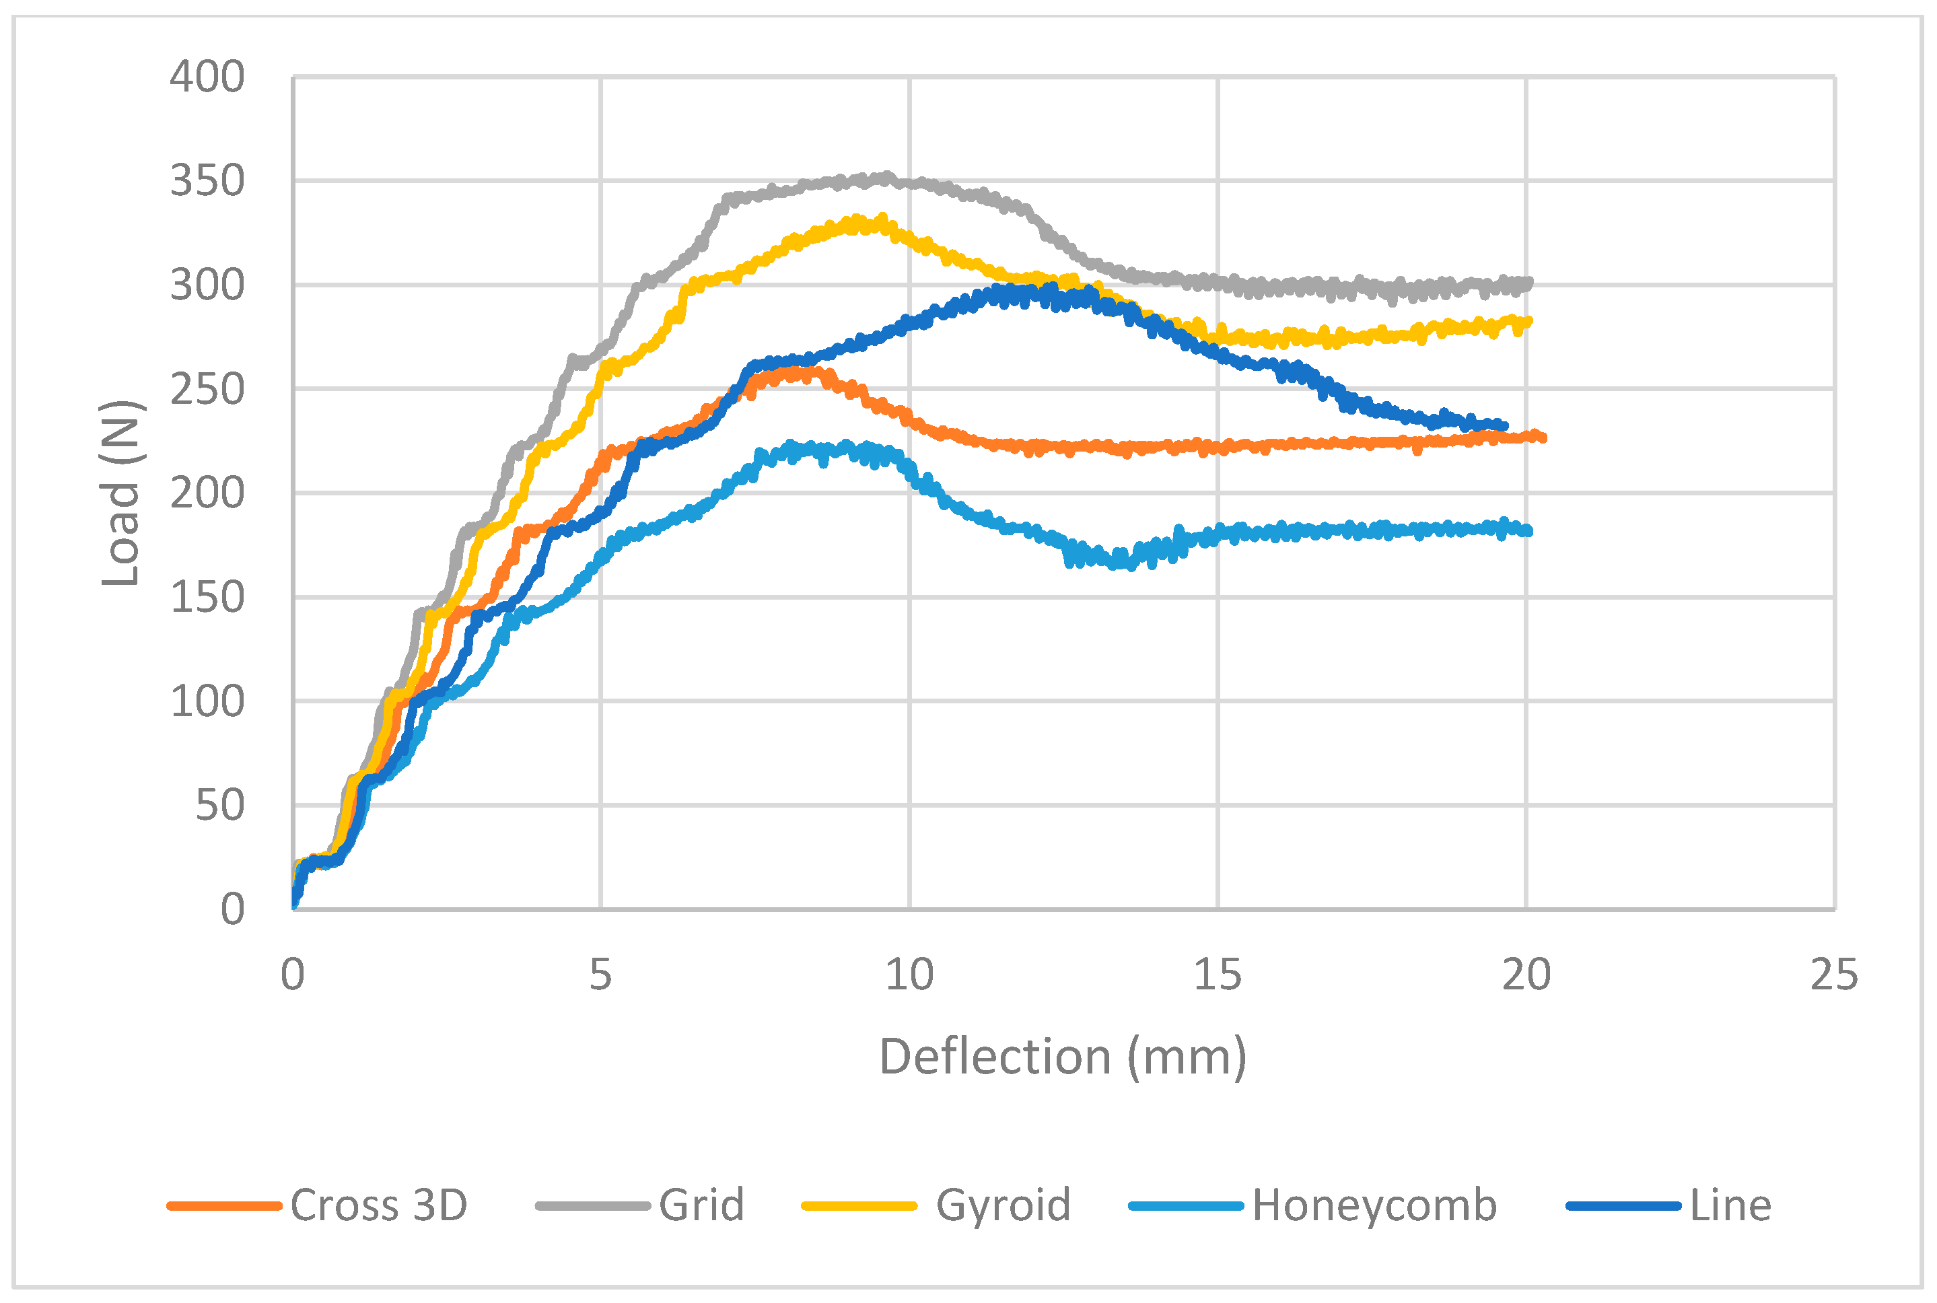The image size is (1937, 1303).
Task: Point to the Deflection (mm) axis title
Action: click(x=1063, y=1057)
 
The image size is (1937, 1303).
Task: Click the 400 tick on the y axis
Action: click(x=207, y=77)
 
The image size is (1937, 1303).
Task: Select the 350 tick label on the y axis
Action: click(x=207, y=181)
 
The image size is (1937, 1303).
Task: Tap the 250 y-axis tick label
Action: click(x=207, y=390)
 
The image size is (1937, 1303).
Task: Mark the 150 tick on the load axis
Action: click(x=207, y=598)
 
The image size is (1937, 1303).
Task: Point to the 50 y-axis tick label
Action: click(x=219, y=805)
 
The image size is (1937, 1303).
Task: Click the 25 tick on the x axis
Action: click(x=1834, y=975)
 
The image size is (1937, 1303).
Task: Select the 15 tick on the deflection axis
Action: click(x=1218, y=975)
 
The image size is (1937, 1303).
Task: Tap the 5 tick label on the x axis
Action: click(x=601, y=975)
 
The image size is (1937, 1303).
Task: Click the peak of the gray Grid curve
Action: click(x=886, y=176)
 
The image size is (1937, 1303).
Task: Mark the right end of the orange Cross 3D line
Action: click(x=1543, y=437)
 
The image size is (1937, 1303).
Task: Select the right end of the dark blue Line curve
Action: click(x=1505, y=426)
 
